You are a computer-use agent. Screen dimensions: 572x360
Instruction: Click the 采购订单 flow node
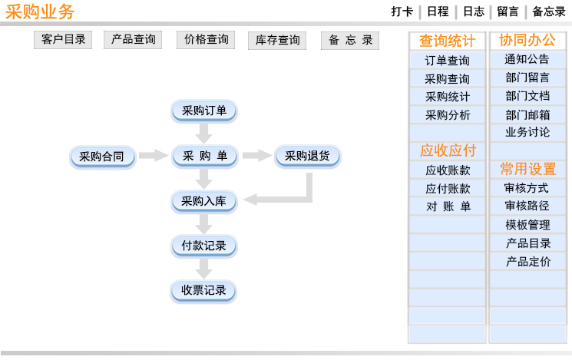pos(204,111)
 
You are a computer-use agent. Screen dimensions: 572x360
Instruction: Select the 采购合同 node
pos(103,157)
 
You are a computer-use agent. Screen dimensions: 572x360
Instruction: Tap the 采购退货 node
pos(307,156)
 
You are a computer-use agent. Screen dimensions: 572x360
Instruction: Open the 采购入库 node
pos(204,201)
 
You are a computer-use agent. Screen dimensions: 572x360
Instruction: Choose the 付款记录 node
pos(204,246)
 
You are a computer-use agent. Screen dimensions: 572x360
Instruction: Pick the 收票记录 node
pos(203,291)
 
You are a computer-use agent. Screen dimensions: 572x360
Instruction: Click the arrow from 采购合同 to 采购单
pos(154,155)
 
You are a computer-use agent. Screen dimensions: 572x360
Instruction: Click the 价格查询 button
pos(206,40)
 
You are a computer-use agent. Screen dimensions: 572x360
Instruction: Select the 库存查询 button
pos(277,40)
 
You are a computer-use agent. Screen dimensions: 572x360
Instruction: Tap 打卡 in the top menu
pos(402,12)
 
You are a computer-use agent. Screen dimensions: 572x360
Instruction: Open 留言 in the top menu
pos(508,12)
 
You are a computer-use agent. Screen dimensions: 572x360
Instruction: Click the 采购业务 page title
pos(40,12)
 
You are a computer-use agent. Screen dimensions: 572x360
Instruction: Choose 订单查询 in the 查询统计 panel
pos(448,60)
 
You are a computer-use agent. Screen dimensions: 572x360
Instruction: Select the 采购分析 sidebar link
pos(448,115)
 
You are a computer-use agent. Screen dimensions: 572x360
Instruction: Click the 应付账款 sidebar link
pos(448,189)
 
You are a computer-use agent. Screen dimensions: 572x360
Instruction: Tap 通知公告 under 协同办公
pos(527,59)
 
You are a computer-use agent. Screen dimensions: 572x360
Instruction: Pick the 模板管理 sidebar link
pos(527,225)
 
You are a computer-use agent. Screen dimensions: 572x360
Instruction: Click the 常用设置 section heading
pos(528,169)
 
